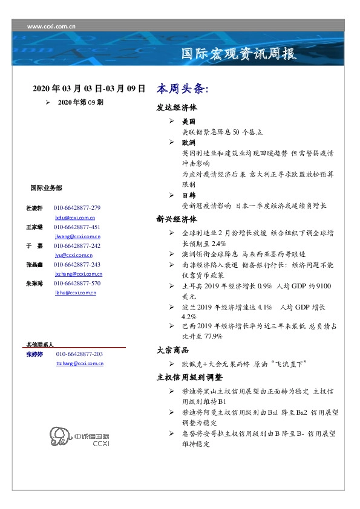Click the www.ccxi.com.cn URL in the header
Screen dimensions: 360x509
coord(51,26)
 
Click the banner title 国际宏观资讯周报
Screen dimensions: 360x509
coord(239,55)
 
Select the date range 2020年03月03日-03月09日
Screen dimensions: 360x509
coord(89,88)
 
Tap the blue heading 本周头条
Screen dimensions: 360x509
coord(182,88)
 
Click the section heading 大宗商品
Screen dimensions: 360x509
coord(172,350)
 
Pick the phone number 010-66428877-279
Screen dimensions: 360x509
coord(77,208)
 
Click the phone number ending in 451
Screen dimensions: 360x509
coord(77,227)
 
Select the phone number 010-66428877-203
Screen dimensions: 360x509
coord(79,354)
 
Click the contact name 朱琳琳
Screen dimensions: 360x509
coord(34,284)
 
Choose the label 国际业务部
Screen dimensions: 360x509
coord(45,188)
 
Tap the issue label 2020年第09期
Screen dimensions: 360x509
coord(80,103)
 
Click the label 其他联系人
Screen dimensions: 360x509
coord(40,344)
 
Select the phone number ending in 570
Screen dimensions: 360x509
coord(77,284)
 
